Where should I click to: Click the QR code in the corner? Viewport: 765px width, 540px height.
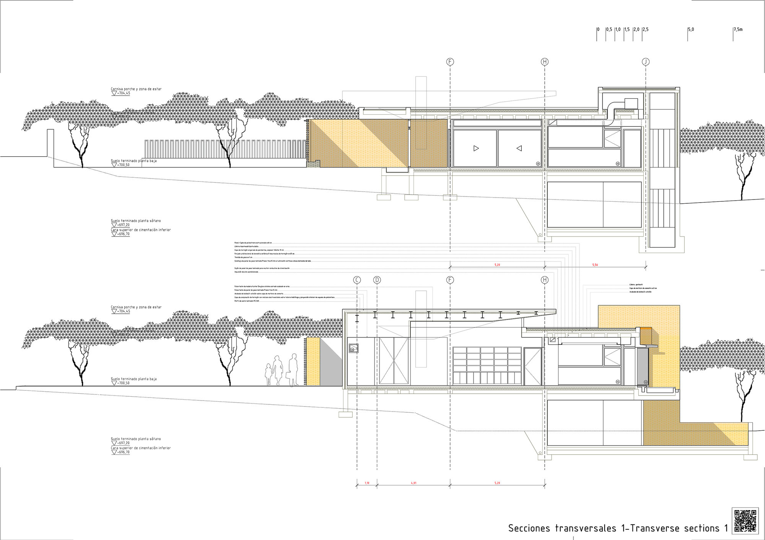(x=745, y=520)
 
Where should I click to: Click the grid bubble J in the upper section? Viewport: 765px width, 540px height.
(x=646, y=62)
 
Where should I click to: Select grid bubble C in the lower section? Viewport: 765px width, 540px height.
(x=357, y=280)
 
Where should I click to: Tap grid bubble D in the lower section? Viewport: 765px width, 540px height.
(x=377, y=280)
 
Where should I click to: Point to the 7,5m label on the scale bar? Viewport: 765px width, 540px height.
(x=738, y=29)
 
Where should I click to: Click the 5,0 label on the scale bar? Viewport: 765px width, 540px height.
(x=691, y=29)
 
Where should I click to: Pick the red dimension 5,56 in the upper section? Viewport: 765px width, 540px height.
(x=595, y=265)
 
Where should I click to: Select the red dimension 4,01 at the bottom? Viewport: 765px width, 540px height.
(x=413, y=483)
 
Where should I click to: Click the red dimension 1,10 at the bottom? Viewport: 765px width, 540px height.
(x=367, y=483)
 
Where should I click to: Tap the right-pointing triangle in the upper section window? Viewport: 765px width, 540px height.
(x=476, y=148)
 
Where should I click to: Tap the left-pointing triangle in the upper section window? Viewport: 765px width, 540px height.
(x=519, y=148)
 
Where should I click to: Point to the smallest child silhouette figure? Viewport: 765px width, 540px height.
(x=269, y=374)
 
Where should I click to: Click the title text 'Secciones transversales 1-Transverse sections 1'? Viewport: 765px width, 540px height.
(x=618, y=528)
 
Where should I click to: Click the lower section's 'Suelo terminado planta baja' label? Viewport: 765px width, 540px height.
(x=133, y=379)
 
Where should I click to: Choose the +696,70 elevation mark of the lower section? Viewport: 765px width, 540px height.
(x=122, y=452)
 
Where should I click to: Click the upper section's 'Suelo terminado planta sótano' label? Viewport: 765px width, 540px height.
(x=136, y=221)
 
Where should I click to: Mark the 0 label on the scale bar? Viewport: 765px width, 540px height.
(x=599, y=29)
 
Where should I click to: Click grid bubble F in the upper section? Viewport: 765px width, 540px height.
(x=450, y=62)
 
